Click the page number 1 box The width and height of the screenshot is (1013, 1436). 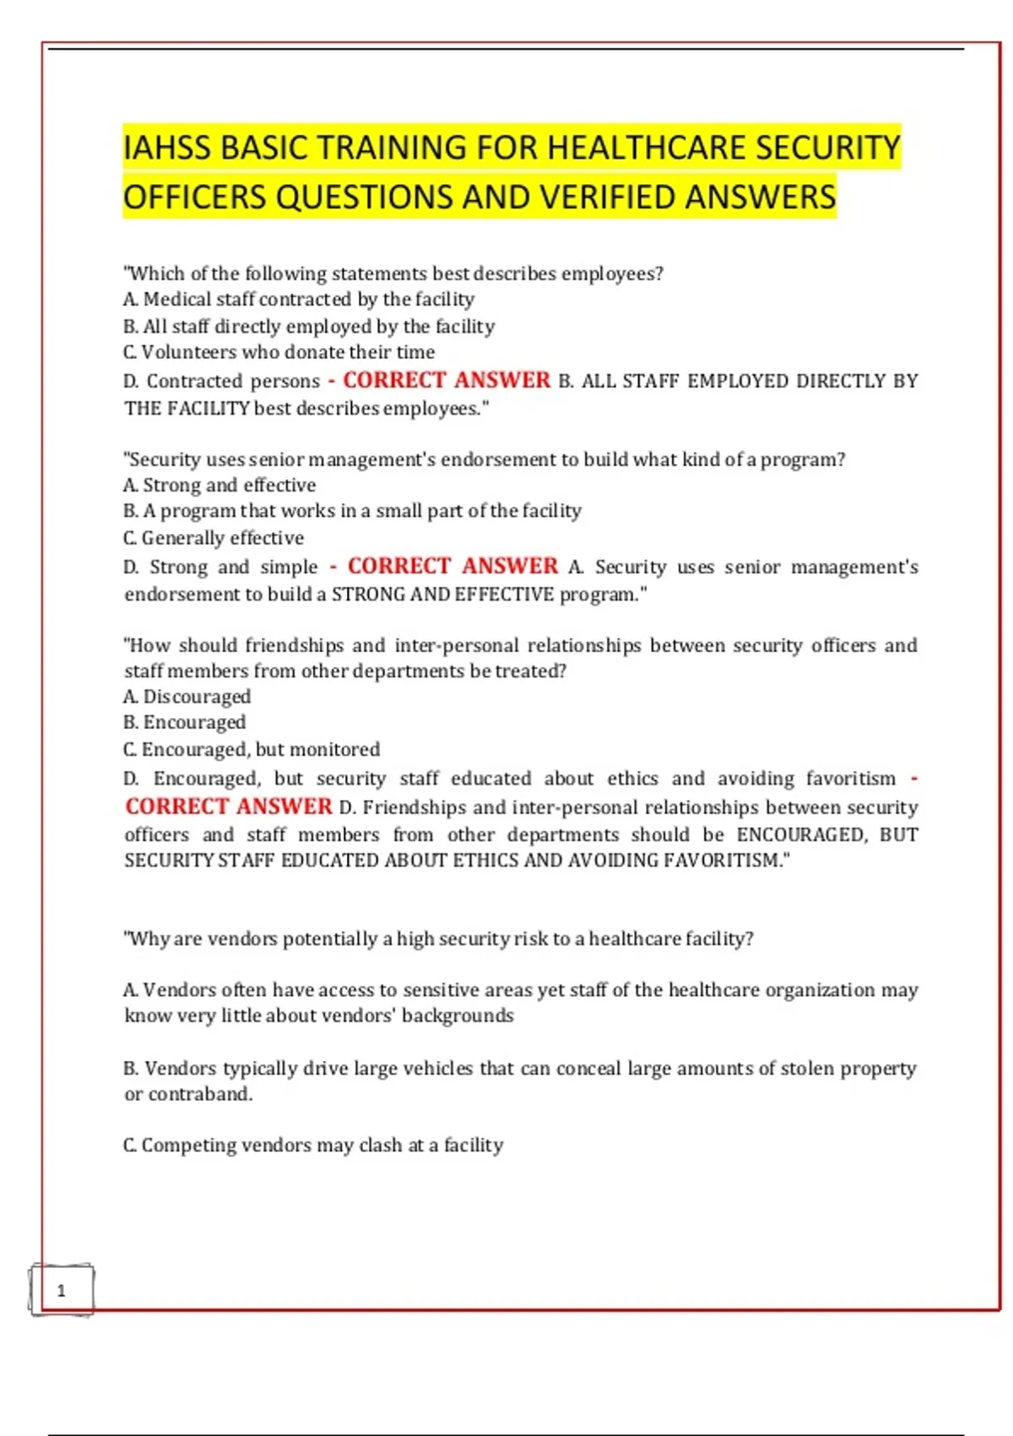(x=61, y=1290)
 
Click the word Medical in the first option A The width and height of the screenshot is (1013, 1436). (x=177, y=300)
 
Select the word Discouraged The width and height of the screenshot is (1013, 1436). (x=197, y=697)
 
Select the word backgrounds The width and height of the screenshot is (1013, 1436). (x=458, y=1015)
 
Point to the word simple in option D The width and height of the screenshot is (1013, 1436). (x=289, y=567)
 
